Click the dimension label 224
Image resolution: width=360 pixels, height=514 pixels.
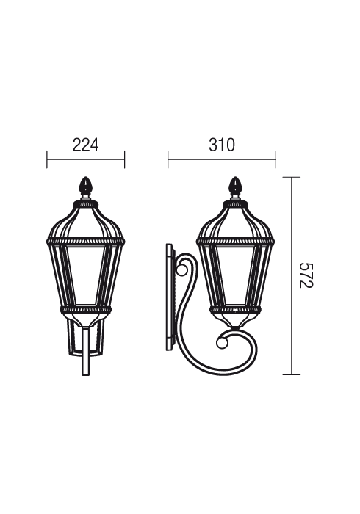[85, 145]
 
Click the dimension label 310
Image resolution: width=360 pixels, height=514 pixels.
[222, 145]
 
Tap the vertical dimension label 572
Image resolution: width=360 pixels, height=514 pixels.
[306, 275]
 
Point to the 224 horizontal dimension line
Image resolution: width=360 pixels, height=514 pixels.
[85, 159]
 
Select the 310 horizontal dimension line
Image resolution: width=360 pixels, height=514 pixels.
[222, 159]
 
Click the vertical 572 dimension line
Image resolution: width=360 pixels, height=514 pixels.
[292, 275]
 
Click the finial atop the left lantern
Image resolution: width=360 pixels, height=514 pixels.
[86, 187]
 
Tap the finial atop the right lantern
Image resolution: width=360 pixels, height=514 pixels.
[235, 187]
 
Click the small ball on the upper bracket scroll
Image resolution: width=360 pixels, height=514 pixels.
[182, 269]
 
